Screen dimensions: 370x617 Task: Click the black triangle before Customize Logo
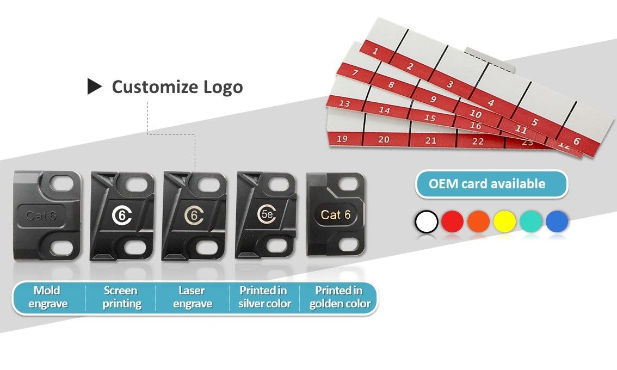pyautogui.click(x=95, y=87)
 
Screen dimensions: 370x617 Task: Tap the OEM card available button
pyautogui.click(x=491, y=184)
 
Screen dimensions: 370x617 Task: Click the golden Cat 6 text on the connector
pyautogui.click(x=336, y=215)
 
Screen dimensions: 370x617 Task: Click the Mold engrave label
pyautogui.click(x=47, y=297)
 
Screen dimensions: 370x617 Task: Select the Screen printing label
pyautogui.click(x=121, y=297)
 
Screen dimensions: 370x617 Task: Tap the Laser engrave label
pyautogui.click(x=193, y=297)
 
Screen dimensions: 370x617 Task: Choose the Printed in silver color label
pyautogui.click(x=265, y=297)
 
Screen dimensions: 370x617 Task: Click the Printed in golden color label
pyautogui.click(x=340, y=297)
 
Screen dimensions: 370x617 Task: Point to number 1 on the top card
pyautogui.click(x=375, y=52)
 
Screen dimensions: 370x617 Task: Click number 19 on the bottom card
pyautogui.click(x=342, y=139)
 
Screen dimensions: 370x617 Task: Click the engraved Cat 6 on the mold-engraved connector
pyautogui.click(x=41, y=215)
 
